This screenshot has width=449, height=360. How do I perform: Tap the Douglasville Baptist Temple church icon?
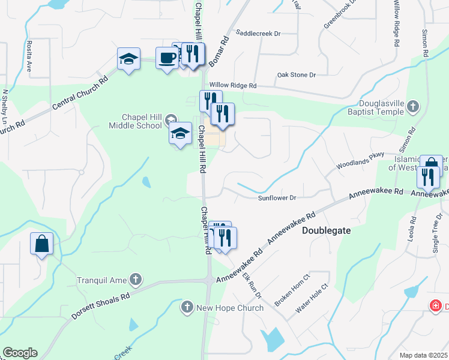412,107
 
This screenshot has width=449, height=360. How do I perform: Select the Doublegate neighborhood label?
326,230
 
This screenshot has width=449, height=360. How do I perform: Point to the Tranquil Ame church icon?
136,280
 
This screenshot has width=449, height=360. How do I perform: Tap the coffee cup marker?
167,58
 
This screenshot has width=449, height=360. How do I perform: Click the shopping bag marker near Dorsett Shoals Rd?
41,244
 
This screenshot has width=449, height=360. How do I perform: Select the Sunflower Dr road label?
277,198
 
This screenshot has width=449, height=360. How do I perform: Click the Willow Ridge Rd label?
233,86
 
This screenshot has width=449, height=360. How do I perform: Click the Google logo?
20,353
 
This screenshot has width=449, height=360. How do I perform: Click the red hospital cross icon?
436,307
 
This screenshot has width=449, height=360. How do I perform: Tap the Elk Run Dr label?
253,285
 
